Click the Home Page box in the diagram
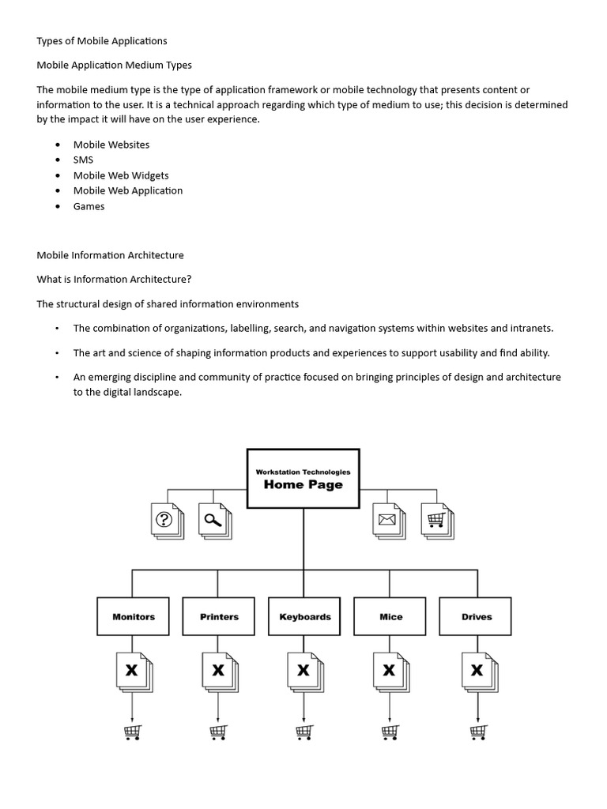pos(303,478)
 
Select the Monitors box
pos(133,616)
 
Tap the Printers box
pos(219,616)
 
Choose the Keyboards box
pos(304,616)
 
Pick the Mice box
pos(390,616)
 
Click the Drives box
pos(477,616)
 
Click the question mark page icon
pos(166,521)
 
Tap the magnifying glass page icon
pos(213,521)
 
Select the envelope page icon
pos(388,521)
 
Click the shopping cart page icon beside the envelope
pos(436,521)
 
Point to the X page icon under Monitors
pos(133,672)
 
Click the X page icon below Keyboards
pos(304,672)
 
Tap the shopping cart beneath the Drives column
pos(477,732)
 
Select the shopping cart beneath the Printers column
pos(219,732)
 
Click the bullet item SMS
pos(83,160)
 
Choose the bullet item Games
pos(89,206)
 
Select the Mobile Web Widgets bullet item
pos(120,175)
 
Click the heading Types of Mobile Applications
pos(102,40)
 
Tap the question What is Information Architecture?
pos(114,279)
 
